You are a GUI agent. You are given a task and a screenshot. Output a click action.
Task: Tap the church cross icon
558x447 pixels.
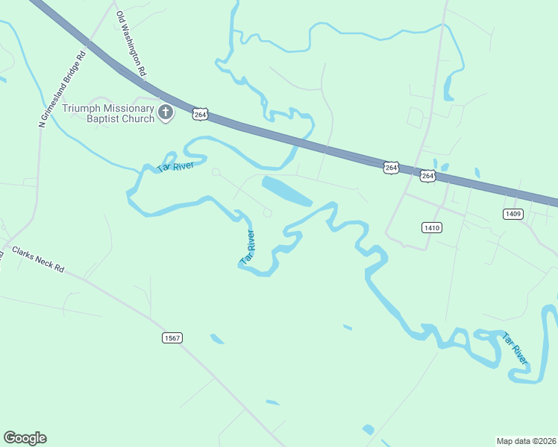(x=166, y=113)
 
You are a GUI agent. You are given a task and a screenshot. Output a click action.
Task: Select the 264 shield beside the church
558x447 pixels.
(x=199, y=113)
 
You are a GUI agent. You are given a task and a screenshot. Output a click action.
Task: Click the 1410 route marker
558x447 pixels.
(x=431, y=227)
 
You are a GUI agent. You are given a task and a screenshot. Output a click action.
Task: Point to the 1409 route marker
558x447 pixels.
(x=512, y=214)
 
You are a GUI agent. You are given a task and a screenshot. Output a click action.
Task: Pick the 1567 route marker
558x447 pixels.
(x=172, y=338)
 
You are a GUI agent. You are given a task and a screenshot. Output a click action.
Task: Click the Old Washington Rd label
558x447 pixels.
(x=130, y=44)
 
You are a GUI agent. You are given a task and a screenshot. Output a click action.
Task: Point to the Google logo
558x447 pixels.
(x=25, y=438)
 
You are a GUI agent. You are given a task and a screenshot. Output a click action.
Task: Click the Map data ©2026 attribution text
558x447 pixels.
(x=526, y=440)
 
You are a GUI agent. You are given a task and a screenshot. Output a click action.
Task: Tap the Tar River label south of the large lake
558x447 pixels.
(x=248, y=247)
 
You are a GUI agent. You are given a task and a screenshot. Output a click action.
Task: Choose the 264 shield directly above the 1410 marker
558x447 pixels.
(x=427, y=176)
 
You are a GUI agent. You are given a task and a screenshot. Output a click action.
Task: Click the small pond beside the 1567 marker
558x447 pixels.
(x=217, y=339)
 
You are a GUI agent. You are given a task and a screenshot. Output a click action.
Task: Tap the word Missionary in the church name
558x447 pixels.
(x=129, y=107)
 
